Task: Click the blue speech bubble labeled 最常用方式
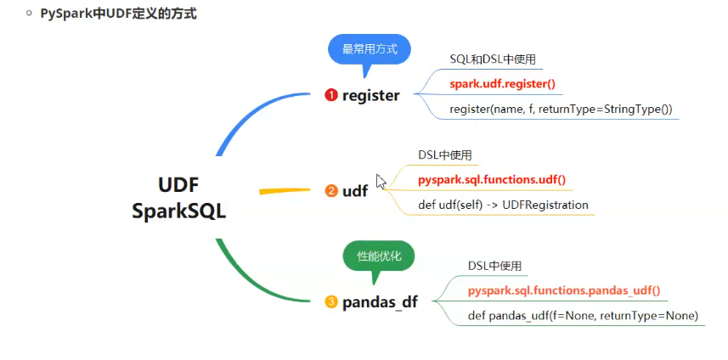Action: pos(370,49)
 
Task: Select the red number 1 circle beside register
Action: pos(331,96)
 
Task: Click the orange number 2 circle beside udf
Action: pos(331,191)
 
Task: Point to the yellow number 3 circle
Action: pos(331,302)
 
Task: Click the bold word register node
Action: pos(370,96)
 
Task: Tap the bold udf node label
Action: pos(355,191)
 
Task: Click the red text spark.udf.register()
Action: pos(502,83)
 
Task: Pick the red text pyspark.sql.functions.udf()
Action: pos(492,180)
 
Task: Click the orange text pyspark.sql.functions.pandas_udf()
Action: pos(564,290)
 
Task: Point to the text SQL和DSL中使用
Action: pos(493,59)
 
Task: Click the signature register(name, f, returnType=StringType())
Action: pos(561,109)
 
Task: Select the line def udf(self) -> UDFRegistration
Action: pos(503,205)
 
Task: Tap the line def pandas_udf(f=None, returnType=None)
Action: pos(583,316)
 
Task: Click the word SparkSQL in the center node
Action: pos(179,211)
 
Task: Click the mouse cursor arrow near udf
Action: pos(381,181)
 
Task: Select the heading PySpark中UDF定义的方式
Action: pos(119,14)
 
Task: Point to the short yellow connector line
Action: pos(281,191)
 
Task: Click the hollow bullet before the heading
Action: pos(29,14)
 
